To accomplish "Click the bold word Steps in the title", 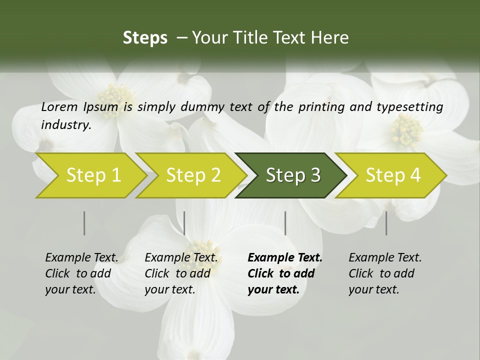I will pos(145,38).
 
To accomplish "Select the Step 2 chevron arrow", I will pos(193,175).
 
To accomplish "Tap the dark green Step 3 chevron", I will pos(292,175).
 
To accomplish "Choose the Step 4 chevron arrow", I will pos(392,175).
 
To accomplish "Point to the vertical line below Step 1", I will pos(84,223).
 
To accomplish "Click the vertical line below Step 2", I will pos(184,223).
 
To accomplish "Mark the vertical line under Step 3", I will pos(285,223).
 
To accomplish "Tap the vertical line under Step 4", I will pos(386,223).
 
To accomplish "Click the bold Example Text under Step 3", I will pos(285,273).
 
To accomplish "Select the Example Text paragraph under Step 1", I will pos(81,273).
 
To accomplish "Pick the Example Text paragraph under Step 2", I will pos(181,273).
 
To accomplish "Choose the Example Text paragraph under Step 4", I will pos(385,273).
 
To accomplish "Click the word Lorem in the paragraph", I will pos(59,107).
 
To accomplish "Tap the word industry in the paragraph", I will pos(65,125).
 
